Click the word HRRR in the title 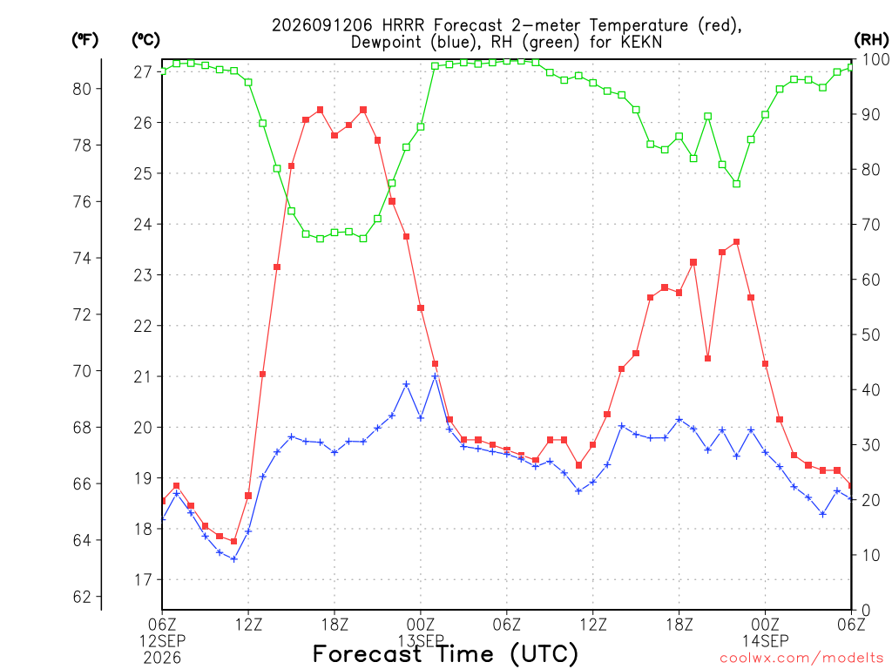click(x=404, y=25)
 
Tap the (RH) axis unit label click(x=871, y=39)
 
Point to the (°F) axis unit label click(x=84, y=40)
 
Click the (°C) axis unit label click(x=145, y=40)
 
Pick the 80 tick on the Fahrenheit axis click(x=82, y=89)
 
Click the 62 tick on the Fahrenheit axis click(x=82, y=597)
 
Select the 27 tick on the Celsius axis click(x=143, y=72)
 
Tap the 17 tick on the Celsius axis click(x=143, y=580)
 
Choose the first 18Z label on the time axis click(x=334, y=625)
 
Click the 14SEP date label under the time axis click(x=765, y=641)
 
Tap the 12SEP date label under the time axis click(x=163, y=641)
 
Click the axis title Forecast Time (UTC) click(x=445, y=654)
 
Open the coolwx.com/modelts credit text click(x=801, y=659)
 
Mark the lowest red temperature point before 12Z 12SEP click(x=233, y=541)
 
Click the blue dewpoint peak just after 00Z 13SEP click(x=436, y=376)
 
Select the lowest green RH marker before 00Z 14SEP click(x=737, y=184)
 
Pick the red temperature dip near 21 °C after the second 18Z click(x=707, y=358)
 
